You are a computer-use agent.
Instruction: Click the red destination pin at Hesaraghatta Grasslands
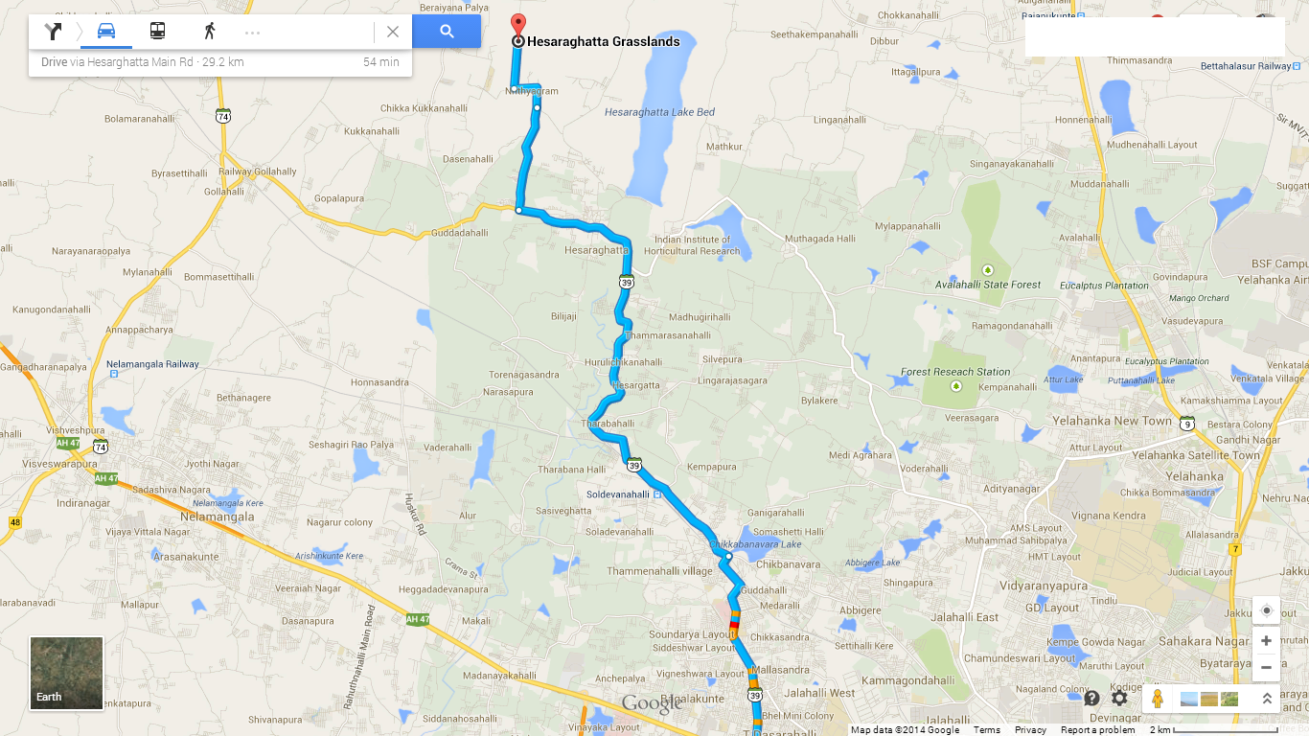click(518, 25)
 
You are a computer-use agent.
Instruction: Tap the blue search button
click(447, 32)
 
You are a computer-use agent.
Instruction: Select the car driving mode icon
click(106, 32)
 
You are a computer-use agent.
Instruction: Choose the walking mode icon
click(209, 32)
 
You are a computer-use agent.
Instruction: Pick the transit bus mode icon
click(157, 32)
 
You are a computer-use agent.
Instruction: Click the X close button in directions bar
click(393, 32)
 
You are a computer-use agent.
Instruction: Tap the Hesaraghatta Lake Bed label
click(659, 112)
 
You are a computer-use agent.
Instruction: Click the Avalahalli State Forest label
click(988, 285)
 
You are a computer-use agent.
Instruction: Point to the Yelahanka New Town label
click(1112, 422)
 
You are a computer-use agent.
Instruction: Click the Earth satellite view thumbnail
click(66, 673)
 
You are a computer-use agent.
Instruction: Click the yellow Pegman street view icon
click(1158, 699)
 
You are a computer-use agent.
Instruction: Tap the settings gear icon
click(1119, 699)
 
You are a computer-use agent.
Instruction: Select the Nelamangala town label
click(218, 517)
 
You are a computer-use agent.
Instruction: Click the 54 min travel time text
click(380, 62)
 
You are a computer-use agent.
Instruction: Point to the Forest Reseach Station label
click(955, 372)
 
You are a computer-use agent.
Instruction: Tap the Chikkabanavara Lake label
click(754, 544)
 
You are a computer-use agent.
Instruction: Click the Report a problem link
click(1097, 730)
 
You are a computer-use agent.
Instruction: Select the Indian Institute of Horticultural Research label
click(697, 245)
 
